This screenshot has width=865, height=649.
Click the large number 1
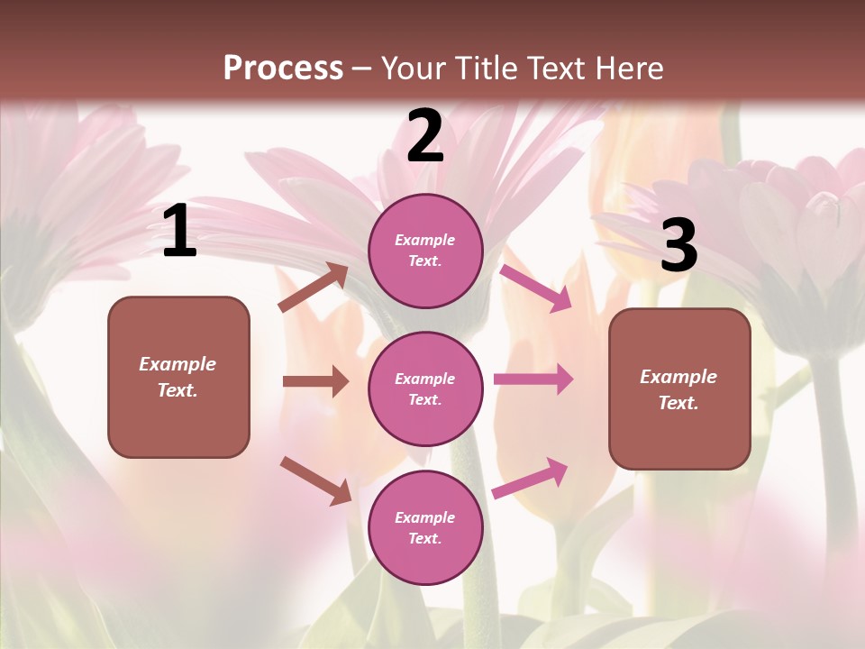pyautogui.click(x=179, y=231)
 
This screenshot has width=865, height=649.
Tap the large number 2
pyautogui.click(x=425, y=137)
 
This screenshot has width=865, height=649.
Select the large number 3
pyautogui.click(x=678, y=245)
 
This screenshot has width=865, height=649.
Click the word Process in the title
pyautogui.click(x=283, y=68)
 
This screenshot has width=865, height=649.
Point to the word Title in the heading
pyautogui.click(x=487, y=68)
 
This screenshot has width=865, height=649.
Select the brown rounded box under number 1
pyautogui.click(x=178, y=424)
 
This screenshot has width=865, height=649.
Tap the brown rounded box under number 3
pyautogui.click(x=679, y=437)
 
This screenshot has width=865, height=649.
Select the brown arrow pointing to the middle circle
pyautogui.click(x=315, y=381)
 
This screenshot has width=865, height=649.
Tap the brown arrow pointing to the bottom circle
pyautogui.click(x=315, y=480)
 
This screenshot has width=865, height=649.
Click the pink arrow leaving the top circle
pyautogui.click(x=535, y=288)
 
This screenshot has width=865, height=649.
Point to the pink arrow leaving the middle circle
pyautogui.click(x=533, y=379)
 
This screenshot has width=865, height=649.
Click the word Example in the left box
pyautogui.click(x=178, y=364)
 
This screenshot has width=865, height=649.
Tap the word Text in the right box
pyautogui.click(x=678, y=403)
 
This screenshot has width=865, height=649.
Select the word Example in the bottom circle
pyautogui.click(x=424, y=517)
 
